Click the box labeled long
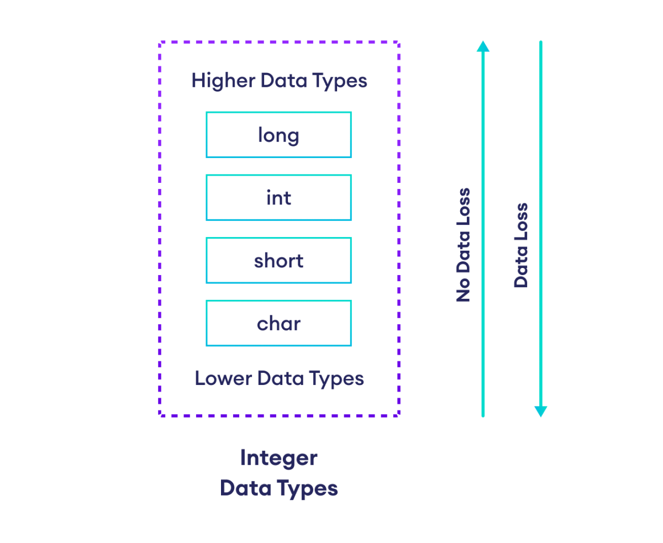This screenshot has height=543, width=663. (278, 135)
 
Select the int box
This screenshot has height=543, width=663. (278, 198)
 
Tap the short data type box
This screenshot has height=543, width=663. (278, 260)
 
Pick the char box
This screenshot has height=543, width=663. (278, 323)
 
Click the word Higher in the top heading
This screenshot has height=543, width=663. (216, 81)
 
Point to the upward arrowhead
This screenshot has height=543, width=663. (483, 46)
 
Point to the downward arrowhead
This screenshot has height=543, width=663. (540, 412)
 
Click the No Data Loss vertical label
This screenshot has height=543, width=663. (463, 245)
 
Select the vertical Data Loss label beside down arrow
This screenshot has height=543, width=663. (521, 245)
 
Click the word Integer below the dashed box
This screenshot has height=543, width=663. (278, 458)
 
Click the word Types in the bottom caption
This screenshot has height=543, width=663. (308, 488)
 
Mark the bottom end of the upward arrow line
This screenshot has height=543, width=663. (483, 416)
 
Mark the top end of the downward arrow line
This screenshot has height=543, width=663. (540, 41)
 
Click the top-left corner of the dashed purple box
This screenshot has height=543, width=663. (160, 42)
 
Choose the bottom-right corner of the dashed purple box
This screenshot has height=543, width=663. (398, 415)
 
